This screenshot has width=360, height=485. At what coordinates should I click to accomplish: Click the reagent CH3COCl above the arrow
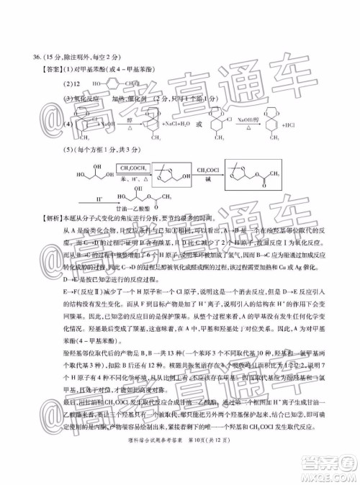click(225, 167)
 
